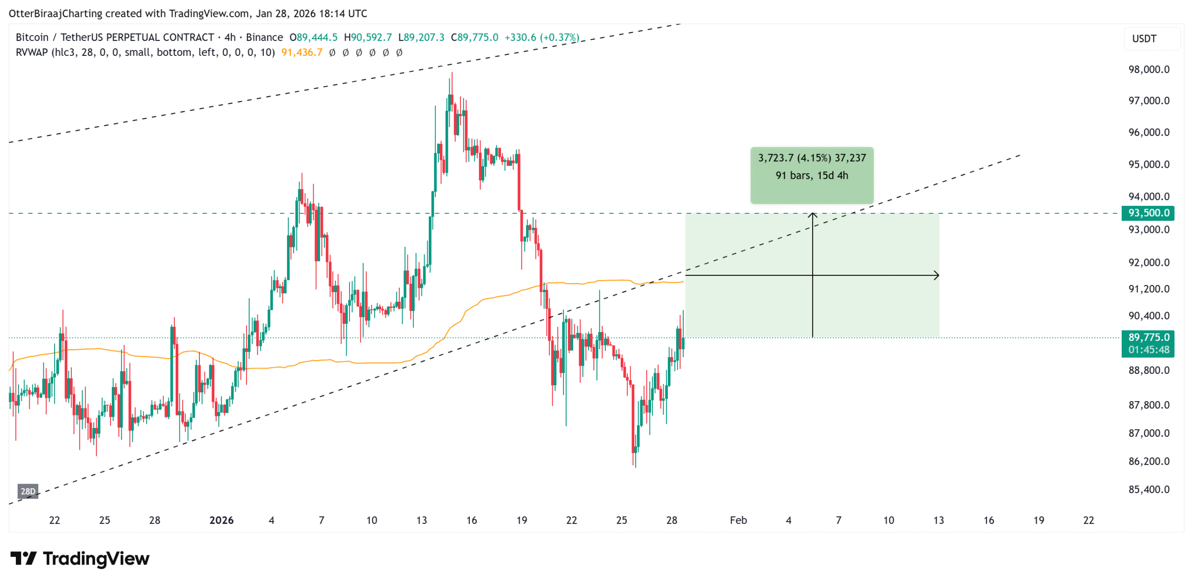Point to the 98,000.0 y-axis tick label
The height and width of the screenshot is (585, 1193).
click(1148, 69)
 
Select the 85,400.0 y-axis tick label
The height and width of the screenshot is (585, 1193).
click(1148, 489)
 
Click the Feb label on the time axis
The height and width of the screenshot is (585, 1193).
click(738, 520)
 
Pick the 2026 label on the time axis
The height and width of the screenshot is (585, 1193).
click(221, 520)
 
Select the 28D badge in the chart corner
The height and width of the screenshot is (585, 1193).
click(28, 491)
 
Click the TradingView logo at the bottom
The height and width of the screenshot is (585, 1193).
click(80, 558)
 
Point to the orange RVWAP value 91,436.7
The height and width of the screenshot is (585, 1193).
click(302, 53)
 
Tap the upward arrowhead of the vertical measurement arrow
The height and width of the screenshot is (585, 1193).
click(812, 214)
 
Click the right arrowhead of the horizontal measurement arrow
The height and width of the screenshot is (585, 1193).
click(937, 275)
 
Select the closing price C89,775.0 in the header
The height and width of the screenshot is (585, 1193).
click(474, 37)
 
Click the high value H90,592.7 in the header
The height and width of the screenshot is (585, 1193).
click(367, 37)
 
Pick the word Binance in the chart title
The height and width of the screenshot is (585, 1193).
click(264, 37)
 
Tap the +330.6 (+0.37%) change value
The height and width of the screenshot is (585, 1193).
click(542, 37)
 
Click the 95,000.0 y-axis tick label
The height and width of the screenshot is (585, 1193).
click(1148, 164)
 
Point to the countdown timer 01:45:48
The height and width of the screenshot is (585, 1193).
click(1148, 349)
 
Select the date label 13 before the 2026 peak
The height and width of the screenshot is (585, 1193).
click(421, 520)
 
